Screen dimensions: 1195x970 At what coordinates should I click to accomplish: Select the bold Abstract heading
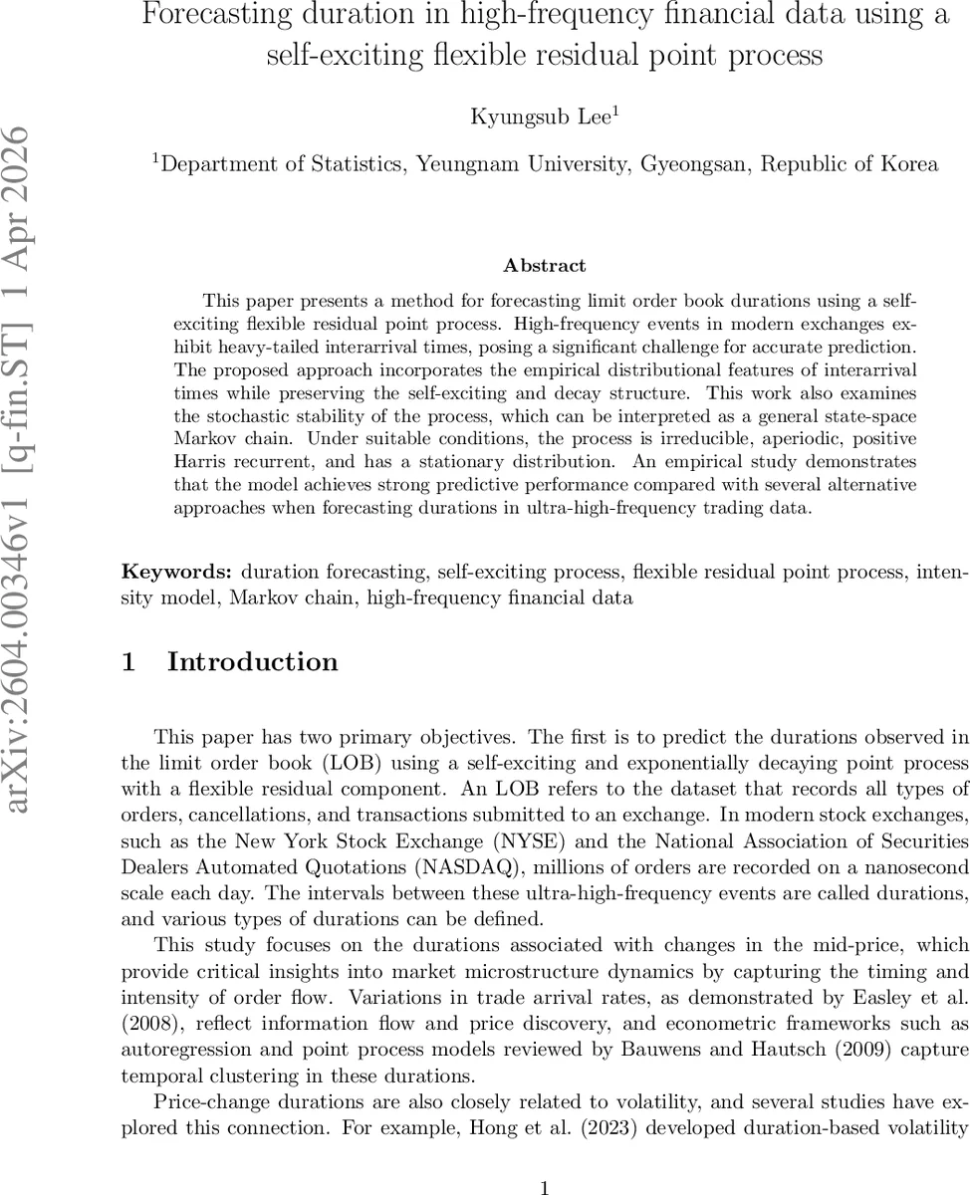tap(544, 265)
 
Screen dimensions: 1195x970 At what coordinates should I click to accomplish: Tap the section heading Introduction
tap(252, 662)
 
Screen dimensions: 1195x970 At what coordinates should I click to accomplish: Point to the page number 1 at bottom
tap(544, 1160)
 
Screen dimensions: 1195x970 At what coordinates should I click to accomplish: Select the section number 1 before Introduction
tap(128, 662)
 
